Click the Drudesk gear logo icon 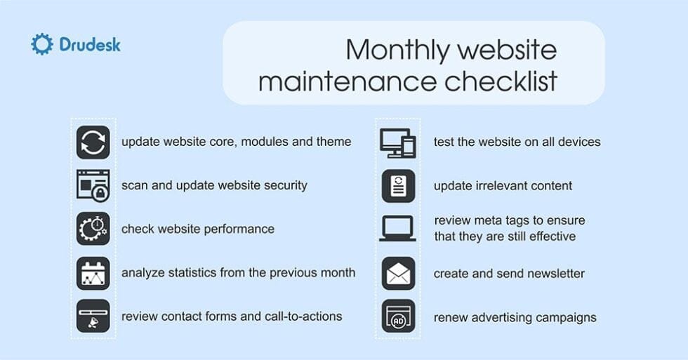41,44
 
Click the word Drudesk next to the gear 89,45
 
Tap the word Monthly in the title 396,50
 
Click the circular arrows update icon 93,142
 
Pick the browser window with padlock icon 93,186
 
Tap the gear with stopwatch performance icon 93,229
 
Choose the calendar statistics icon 93,273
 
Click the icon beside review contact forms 93,316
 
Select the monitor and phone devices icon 398,142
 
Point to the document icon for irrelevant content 398,186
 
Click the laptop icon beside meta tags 398,228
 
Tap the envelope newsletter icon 398,273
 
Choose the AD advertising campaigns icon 398,316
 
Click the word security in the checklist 283,186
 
